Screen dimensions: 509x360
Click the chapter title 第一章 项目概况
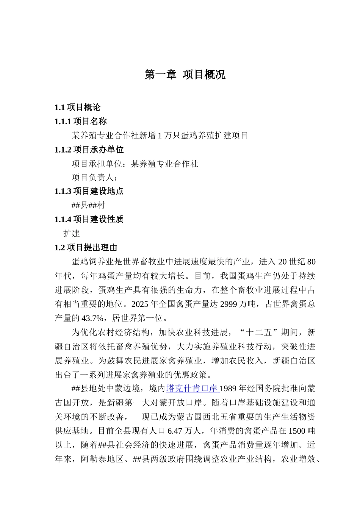(x=185, y=75)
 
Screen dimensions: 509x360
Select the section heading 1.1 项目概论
(x=77, y=108)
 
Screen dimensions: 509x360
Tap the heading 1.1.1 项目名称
(x=80, y=122)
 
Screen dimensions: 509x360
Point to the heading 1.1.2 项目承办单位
(x=89, y=150)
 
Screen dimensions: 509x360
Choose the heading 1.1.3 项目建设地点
(x=89, y=191)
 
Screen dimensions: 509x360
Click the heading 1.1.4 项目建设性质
(x=89, y=219)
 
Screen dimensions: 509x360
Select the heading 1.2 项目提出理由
(x=86, y=248)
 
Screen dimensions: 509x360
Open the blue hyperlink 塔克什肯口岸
(x=192, y=389)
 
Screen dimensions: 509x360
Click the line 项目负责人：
(x=95, y=177)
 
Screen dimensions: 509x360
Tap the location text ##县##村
(x=88, y=205)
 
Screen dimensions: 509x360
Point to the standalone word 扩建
(x=72, y=233)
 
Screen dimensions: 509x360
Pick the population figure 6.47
(x=175, y=431)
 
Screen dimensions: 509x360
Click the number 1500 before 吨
(x=297, y=431)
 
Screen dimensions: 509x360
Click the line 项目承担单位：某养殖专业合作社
(x=135, y=164)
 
